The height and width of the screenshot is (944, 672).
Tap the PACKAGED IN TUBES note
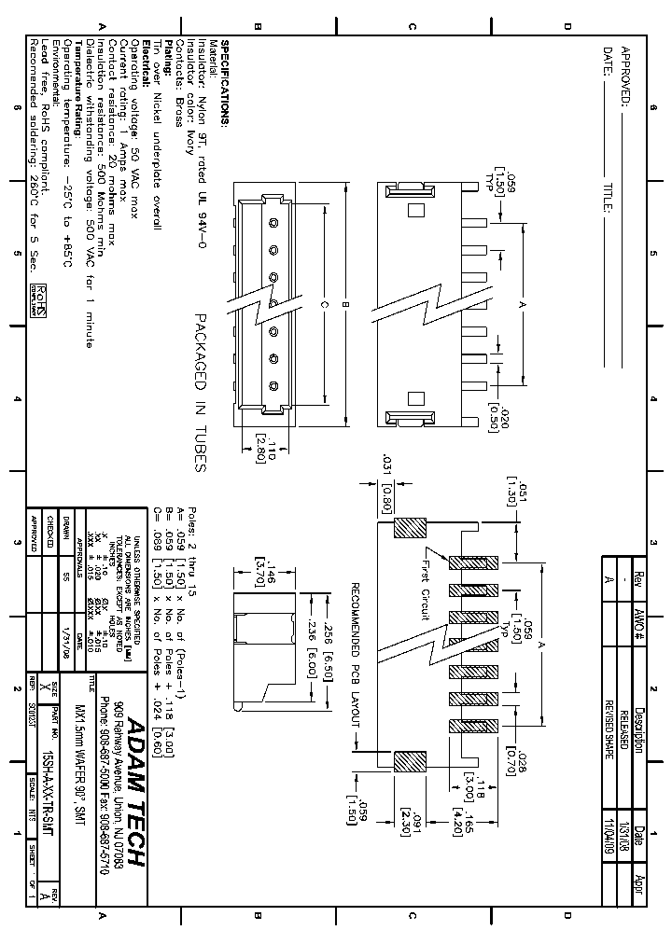click(x=198, y=393)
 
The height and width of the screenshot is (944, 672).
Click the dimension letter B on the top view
click(x=343, y=304)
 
